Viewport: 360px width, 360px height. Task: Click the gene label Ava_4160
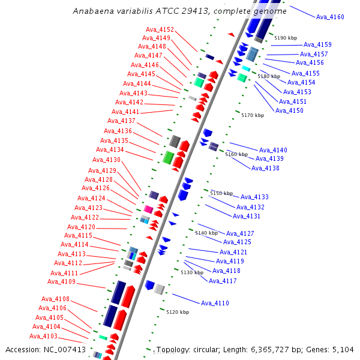[330, 17]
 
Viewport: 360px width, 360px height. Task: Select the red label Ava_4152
[160, 29]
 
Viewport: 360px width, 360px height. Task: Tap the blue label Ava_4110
[215, 303]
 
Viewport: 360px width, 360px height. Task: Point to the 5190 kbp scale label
[286, 38]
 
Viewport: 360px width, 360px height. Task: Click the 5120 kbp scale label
[178, 312]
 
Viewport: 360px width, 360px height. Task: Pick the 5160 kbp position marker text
[236, 154]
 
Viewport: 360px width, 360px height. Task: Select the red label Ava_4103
[44, 336]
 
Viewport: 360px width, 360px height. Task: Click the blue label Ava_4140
[273, 150]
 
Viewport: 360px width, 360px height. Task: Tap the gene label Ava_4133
[254, 197]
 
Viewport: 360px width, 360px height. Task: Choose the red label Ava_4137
[121, 121]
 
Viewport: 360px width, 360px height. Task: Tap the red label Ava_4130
[106, 160]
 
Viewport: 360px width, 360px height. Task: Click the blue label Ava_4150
[290, 110]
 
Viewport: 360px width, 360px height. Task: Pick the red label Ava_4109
[62, 281]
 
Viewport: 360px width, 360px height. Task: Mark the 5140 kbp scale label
[206, 233]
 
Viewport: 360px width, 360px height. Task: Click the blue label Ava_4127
[240, 233]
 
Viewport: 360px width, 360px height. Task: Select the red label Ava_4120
[81, 227]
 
